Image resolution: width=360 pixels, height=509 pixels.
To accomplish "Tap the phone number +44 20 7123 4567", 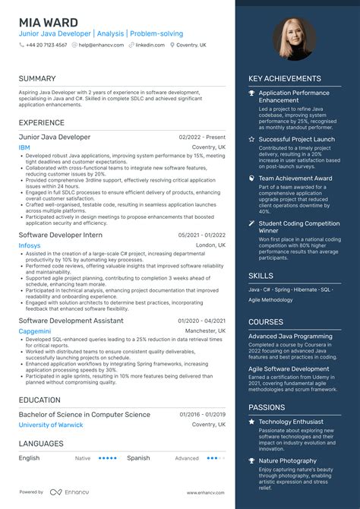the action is [x=46, y=45].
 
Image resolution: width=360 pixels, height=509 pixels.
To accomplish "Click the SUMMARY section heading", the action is [x=37, y=78].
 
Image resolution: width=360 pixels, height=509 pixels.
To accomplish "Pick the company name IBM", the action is [x=24, y=147].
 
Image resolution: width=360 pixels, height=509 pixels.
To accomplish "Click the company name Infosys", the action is [x=30, y=246].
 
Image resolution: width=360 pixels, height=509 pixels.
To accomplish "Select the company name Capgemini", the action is [x=35, y=331].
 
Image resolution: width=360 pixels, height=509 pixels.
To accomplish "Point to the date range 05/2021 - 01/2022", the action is [x=201, y=236].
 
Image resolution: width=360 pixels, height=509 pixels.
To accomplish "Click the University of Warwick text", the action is [x=51, y=425].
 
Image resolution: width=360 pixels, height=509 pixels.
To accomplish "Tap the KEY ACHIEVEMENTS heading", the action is [x=284, y=78].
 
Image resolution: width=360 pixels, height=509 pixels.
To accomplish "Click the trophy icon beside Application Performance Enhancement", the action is [x=252, y=93].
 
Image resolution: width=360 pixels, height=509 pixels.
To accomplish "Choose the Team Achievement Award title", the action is [x=295, y=179].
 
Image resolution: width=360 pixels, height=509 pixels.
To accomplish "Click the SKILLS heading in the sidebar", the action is [x=261, y=275].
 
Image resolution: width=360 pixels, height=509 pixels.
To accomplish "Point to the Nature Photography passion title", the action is [x=288, y=461].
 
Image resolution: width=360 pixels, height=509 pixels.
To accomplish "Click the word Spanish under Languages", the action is [x=138, y=458].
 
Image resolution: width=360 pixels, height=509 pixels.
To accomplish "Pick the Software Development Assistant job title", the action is [x=71, y=321].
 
